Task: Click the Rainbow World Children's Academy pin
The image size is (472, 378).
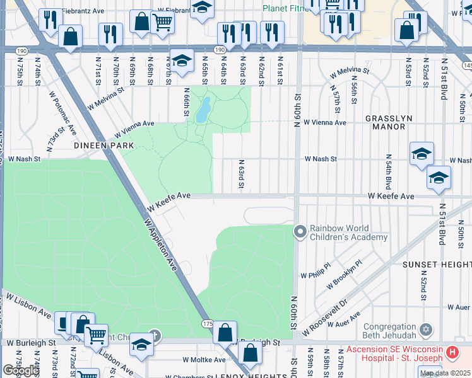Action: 300,232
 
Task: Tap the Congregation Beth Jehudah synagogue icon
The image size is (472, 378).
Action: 426,329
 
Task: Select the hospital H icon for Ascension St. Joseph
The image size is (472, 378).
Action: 452,353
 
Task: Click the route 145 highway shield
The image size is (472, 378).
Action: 467,65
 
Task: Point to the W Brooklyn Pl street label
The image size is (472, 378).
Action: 344,275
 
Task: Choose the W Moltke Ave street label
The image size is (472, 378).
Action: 204,360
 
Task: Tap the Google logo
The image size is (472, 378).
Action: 21,370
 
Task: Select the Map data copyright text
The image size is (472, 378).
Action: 445,373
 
